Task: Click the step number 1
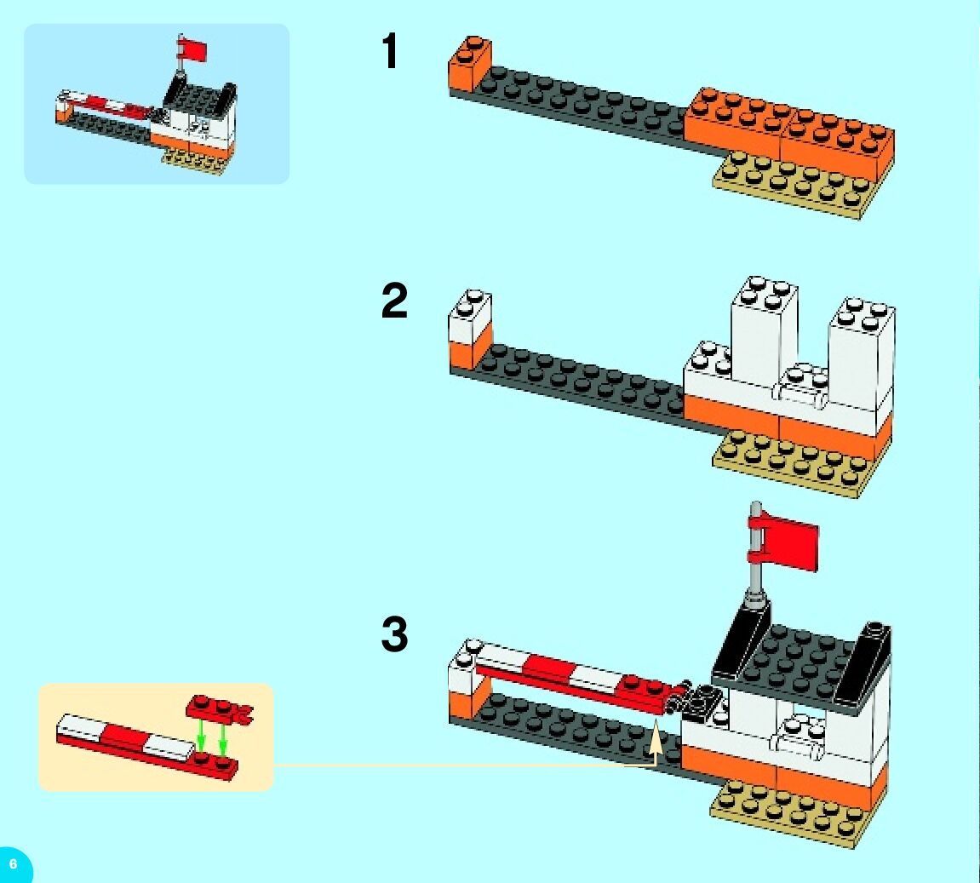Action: pos(390,52)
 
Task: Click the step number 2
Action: pos(394,301)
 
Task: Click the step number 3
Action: pos(394,635)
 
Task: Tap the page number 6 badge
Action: pos(13,863)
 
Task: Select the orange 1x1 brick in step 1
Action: pos(468,64)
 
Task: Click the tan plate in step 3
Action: pos(783,812)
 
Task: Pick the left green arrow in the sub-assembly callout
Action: pos(201,734)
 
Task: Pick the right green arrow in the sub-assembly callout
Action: pos(223,737)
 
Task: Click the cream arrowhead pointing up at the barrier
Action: pos(656,740)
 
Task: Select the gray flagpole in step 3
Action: pos(754,572)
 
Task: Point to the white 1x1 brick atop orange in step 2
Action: pos(469,315)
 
